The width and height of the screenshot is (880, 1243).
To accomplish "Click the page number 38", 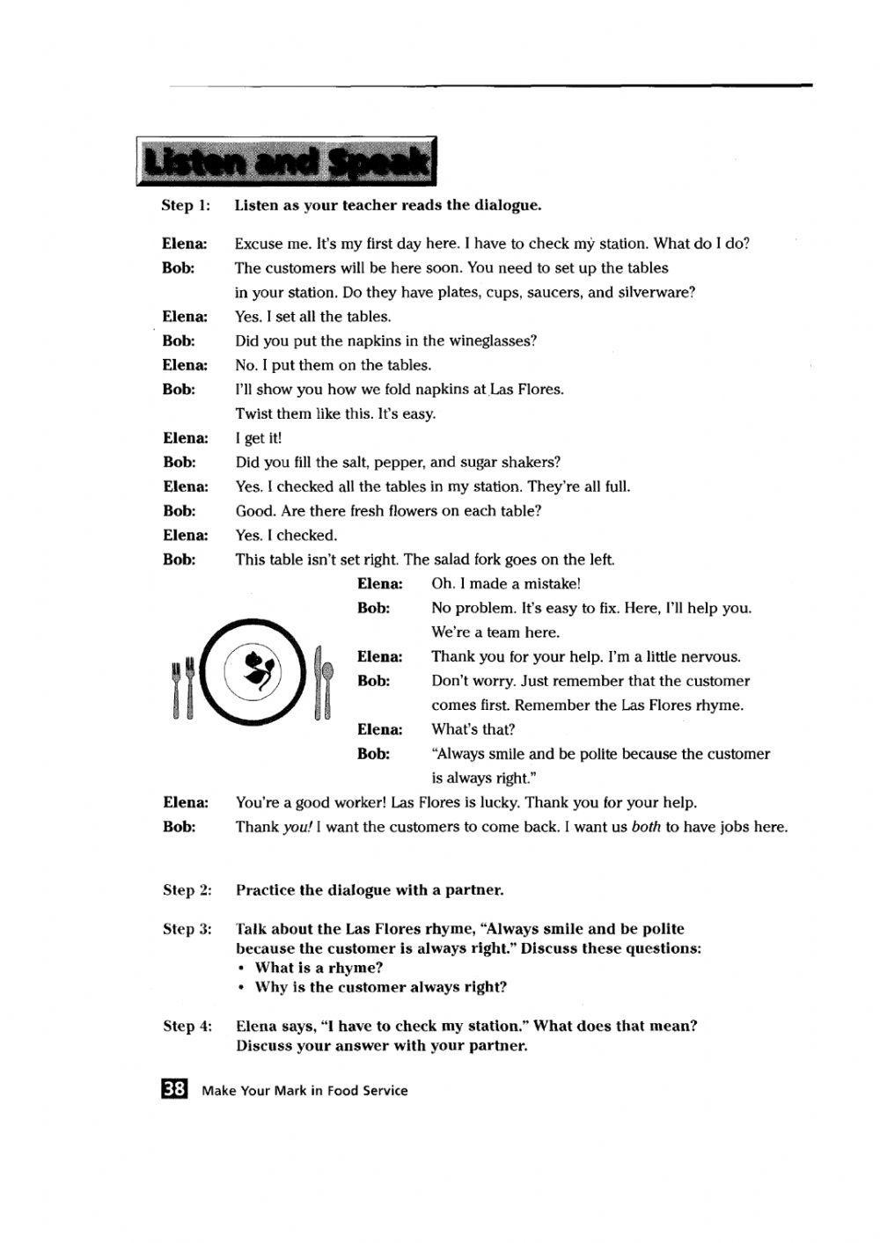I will (174, 1089).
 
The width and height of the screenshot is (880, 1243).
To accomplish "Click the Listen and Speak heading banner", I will (286, 162).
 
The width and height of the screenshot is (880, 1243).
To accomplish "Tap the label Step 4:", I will (187, 1026).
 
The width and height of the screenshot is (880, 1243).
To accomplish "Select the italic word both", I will (646, 827).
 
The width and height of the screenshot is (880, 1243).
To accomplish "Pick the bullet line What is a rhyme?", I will (319, 968).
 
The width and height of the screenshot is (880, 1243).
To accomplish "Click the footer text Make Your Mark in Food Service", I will (304, 1091).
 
